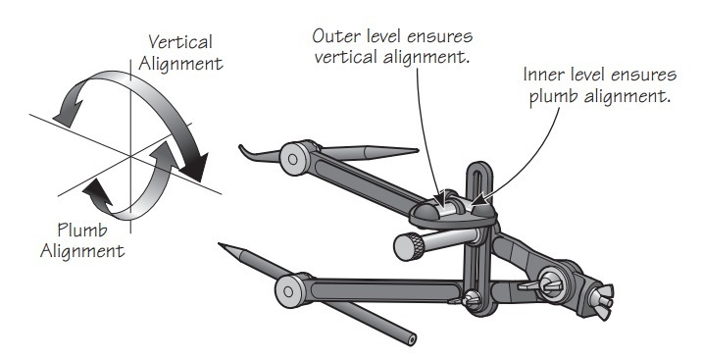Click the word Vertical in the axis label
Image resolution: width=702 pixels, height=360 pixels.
pyautogui.click(x=180, y=42)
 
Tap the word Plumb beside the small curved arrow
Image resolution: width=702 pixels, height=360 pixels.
pyautogui.click(x=82, y=231)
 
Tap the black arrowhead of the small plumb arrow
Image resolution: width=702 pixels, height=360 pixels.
pyautogui.click(x=97, y=193)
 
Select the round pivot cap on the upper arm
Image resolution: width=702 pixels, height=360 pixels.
pyautogui.click(x=293, y=158)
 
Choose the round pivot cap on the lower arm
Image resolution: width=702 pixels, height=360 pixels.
pyautogui.click(x=289, y=291)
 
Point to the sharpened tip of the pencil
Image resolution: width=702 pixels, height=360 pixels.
pyautogui.click(x=220, y=244)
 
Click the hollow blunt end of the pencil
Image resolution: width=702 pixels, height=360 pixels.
pyautogui.click(x=411, y=339)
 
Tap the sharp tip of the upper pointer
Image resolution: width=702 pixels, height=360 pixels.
pyautogui.click(x=417, y=150)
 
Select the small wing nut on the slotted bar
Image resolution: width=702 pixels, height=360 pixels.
pyautogui.click(x=469, y=298)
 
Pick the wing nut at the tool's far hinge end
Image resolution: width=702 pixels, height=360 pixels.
pyautogui.click(x=601, y=297)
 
